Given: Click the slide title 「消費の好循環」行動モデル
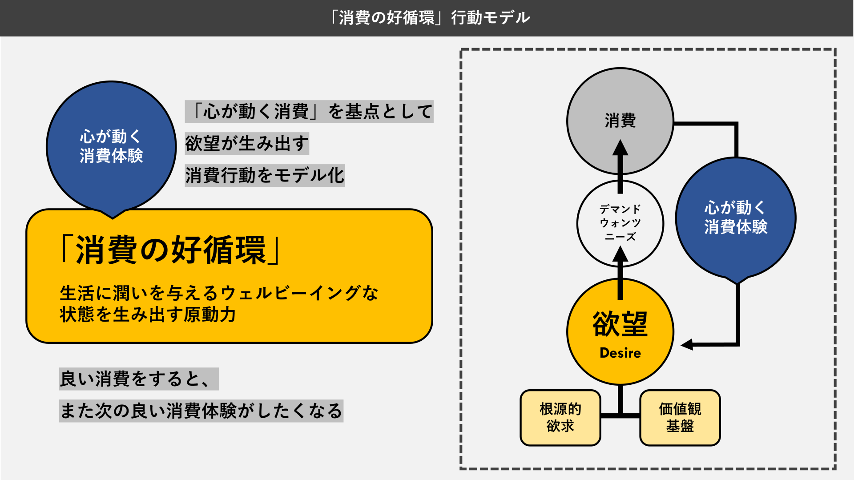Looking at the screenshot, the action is (429, 18).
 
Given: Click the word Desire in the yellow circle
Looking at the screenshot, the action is (620, 353).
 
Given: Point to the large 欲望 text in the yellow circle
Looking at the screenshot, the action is (620, 324).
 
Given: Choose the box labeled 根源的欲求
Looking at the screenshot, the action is (560, 418).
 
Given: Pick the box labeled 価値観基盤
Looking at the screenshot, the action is (680, 418).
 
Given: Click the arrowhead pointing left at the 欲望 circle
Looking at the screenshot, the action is (687, 344).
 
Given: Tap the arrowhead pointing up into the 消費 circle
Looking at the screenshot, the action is (620, 147).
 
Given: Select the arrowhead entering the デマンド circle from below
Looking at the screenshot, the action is (620, 254).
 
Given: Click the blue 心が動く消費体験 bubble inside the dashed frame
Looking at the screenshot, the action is (736, 219).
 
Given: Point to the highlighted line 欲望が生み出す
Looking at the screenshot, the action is (247, 143).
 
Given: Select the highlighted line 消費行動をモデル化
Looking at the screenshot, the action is (265, 175).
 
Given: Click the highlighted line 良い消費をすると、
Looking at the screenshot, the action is (139, 379).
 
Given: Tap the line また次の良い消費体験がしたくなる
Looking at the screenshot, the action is (201, 411).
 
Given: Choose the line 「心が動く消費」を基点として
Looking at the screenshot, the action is (309, 111).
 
